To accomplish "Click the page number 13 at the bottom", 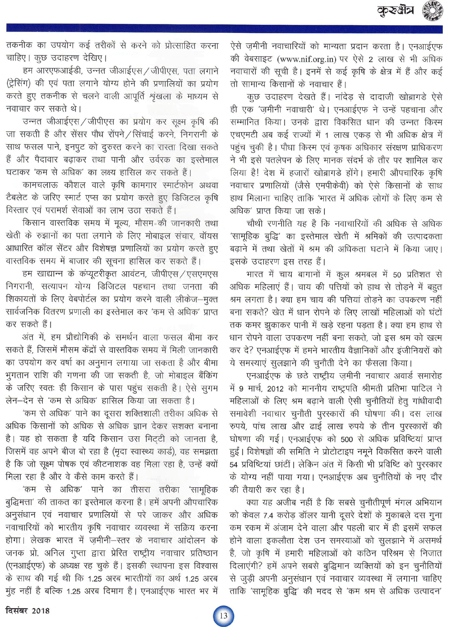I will pos(223,616).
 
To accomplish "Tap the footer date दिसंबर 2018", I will pos(28,611).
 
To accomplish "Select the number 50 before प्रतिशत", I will pos(397,275).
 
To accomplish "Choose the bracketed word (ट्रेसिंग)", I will pos(22,84).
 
